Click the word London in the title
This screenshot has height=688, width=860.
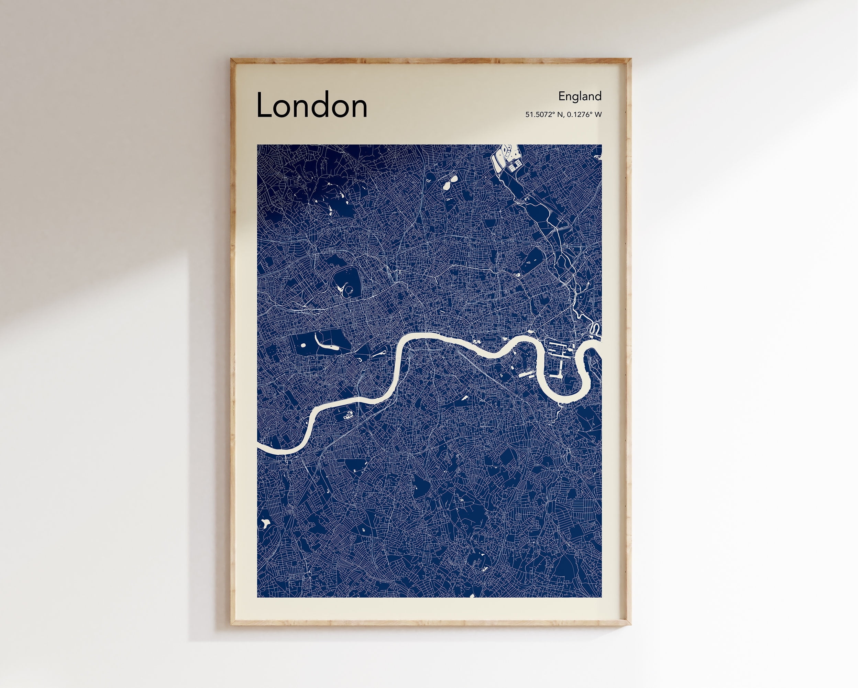click(x=311, y=105)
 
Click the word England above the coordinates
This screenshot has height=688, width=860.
click(x=580, y=96)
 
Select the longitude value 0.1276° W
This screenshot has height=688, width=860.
click(x=584, y=114)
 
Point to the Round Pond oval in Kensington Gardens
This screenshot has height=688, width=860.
click(x=303, y=345)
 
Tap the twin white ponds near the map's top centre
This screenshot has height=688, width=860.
click(x=450, y=183)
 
